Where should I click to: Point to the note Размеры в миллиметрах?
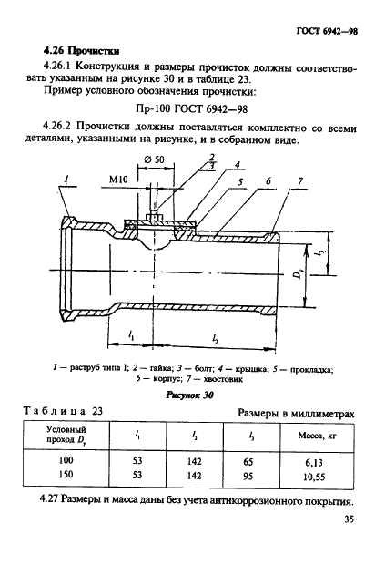pos(296,413)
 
